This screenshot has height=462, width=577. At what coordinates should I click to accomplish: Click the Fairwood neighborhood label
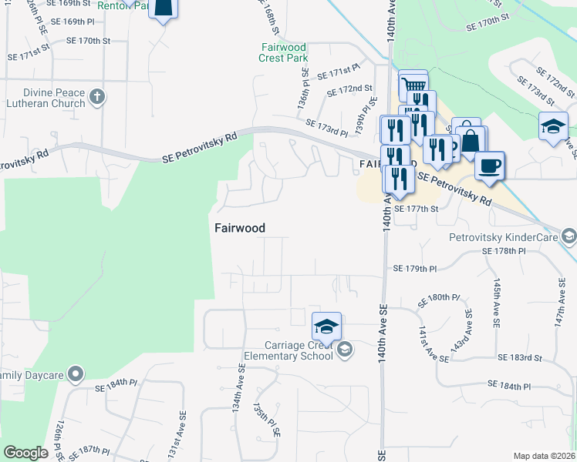pyautogui.click(x=239, y=228)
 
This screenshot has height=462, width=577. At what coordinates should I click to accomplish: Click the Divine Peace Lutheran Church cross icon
pyautogui.click(x=96, y=96)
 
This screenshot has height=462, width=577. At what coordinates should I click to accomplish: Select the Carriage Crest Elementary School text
pyautogui.click(x=288, y=350)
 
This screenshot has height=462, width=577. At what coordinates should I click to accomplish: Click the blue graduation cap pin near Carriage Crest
pyautogui.click(x=326, y=326)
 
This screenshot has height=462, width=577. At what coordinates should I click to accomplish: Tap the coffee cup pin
pyautogui.click(x=489, y=166)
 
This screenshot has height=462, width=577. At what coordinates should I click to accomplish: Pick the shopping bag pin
pyautogui.click(x=471, y=142)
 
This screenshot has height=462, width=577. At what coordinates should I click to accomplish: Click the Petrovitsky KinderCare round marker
pyautogui.click(x=569, y=235)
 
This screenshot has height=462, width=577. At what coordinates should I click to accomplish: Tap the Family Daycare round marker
pyautogui.click(x=75, y=375)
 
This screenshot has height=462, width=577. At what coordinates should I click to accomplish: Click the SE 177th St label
pyautogui.click(x=416, y=208)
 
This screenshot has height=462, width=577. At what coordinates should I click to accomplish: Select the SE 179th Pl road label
pyautogui.click(x=415, y=269)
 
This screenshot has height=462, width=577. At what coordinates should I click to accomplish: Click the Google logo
pyautogui.click(x=25, y=453)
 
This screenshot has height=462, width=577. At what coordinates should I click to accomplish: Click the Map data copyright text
pyautogui.click(x=545, y=456)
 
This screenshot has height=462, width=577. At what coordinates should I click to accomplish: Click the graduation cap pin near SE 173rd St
pyautogui.click(x=553, y=126)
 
